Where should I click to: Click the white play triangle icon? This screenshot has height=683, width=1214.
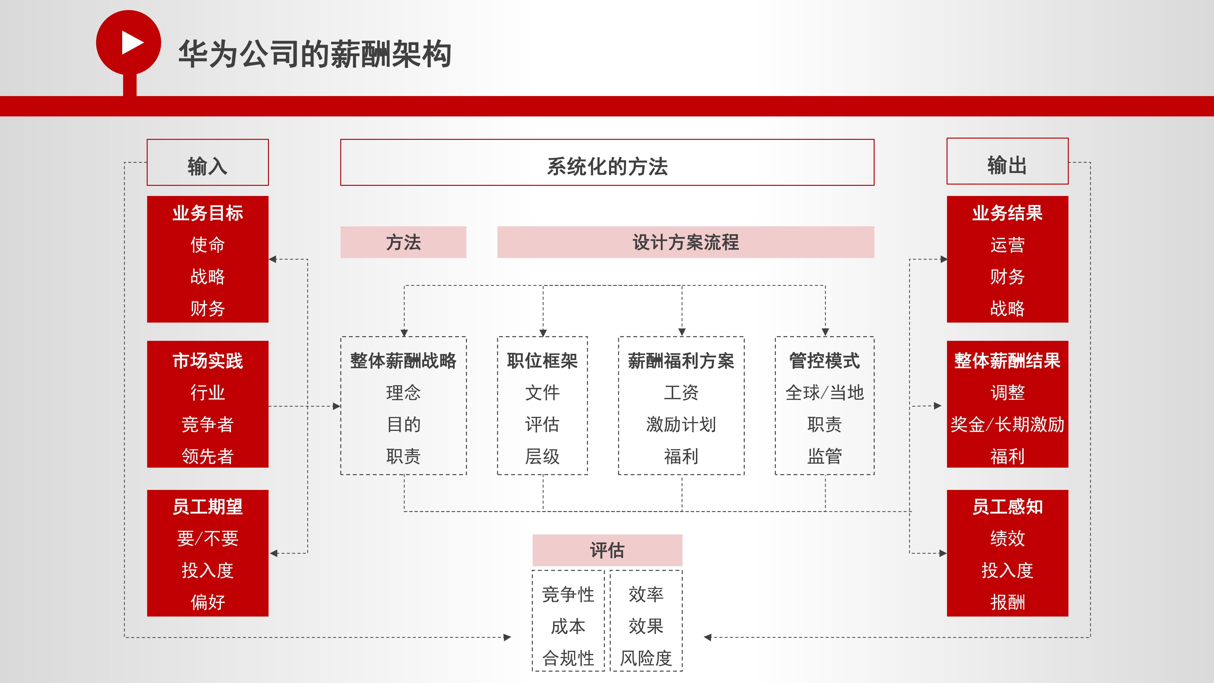132,42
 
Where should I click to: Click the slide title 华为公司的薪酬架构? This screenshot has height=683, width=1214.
315,54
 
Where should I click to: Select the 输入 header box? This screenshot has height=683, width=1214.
208,162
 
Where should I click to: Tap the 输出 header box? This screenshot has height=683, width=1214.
1008,161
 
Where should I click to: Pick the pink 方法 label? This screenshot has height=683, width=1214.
403,242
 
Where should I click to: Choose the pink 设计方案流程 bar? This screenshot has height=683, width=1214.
686,242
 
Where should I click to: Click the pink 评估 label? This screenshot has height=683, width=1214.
607,550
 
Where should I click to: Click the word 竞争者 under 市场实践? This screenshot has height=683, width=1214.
208,424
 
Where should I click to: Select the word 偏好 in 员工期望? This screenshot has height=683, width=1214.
208,602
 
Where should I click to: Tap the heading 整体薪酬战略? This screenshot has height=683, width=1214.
403,361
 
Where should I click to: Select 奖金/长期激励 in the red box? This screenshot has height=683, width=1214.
1008,424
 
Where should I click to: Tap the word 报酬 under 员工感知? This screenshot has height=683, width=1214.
1008,602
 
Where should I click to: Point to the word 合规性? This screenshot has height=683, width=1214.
568,658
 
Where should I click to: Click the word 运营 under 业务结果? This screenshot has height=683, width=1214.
1008,245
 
